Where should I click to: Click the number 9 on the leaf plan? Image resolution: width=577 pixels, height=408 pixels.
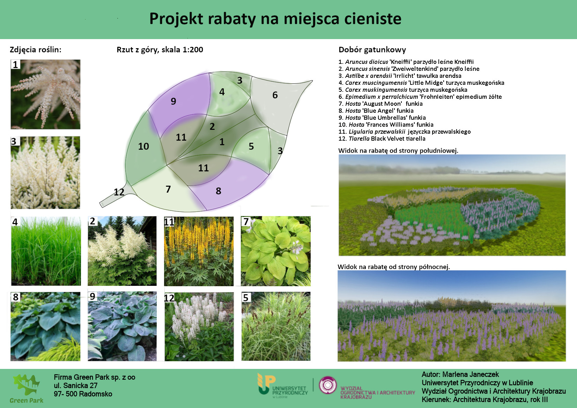tap(173, 101)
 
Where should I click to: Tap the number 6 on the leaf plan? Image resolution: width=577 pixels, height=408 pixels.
tap(275, 95)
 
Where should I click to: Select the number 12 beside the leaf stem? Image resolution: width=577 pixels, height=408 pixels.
tap(119, 192)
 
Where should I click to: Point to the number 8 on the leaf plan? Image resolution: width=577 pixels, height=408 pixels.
tap(219, 191)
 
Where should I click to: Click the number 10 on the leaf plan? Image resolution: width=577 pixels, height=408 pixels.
tap(143, 146)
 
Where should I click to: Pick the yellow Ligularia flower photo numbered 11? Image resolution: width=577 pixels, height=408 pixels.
tap(199, 251)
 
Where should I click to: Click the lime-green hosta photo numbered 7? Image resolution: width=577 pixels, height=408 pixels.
tap(276, 251)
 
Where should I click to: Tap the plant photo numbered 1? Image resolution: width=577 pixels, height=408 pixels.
tap(46, 94)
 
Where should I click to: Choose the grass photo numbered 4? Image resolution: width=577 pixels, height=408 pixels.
tap(46, 251)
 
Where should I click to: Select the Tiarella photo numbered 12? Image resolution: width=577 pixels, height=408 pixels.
tap(199, 326)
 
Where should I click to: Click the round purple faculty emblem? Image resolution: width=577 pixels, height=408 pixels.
tap(328, 385)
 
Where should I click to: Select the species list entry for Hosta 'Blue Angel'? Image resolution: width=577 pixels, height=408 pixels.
tap(376, 111)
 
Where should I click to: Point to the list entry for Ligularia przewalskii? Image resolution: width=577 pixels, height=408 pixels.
tap(405, 132)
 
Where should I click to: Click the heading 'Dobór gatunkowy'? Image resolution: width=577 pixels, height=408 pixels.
tap(372, 50)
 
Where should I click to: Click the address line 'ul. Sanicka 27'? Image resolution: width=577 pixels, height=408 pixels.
tap(75, 386)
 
